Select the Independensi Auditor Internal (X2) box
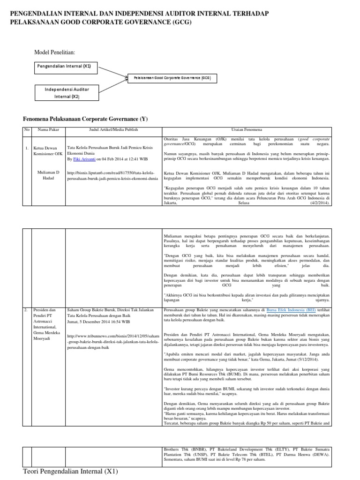[67, 92]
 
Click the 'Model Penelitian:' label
[55, 52]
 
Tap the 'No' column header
[26, 129]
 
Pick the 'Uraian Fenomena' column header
[247, 129]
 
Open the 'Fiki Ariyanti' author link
[84, 159]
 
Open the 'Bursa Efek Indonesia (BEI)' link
[291, 310]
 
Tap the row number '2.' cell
[26, 310]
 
